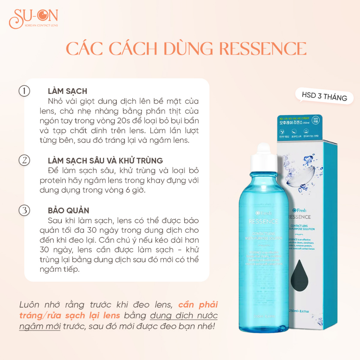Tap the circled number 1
24,91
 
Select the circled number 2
24,160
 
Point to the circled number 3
24,211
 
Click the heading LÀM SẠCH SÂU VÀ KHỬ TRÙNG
105,161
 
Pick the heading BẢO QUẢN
69,211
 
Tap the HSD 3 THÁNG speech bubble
324,96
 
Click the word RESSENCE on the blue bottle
263,221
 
